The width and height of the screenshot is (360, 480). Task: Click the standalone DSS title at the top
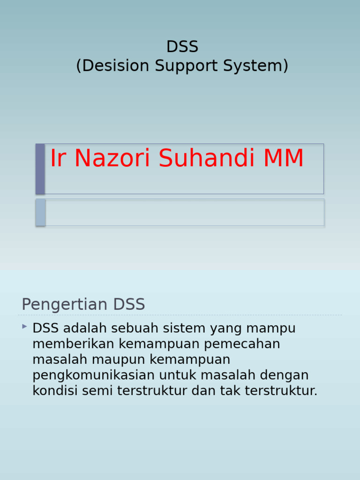(x=182, y=47)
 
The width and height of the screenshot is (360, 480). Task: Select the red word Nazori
(x=112, y=158)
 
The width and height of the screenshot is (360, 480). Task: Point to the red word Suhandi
(x=208, y=158)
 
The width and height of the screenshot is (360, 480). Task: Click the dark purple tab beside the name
(x=40, y=169)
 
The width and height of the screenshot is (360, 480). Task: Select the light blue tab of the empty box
(x=40, y=212)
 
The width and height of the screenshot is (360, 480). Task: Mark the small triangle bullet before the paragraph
(x=24, y=326)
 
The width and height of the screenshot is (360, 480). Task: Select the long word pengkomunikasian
(x=94, y=375)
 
